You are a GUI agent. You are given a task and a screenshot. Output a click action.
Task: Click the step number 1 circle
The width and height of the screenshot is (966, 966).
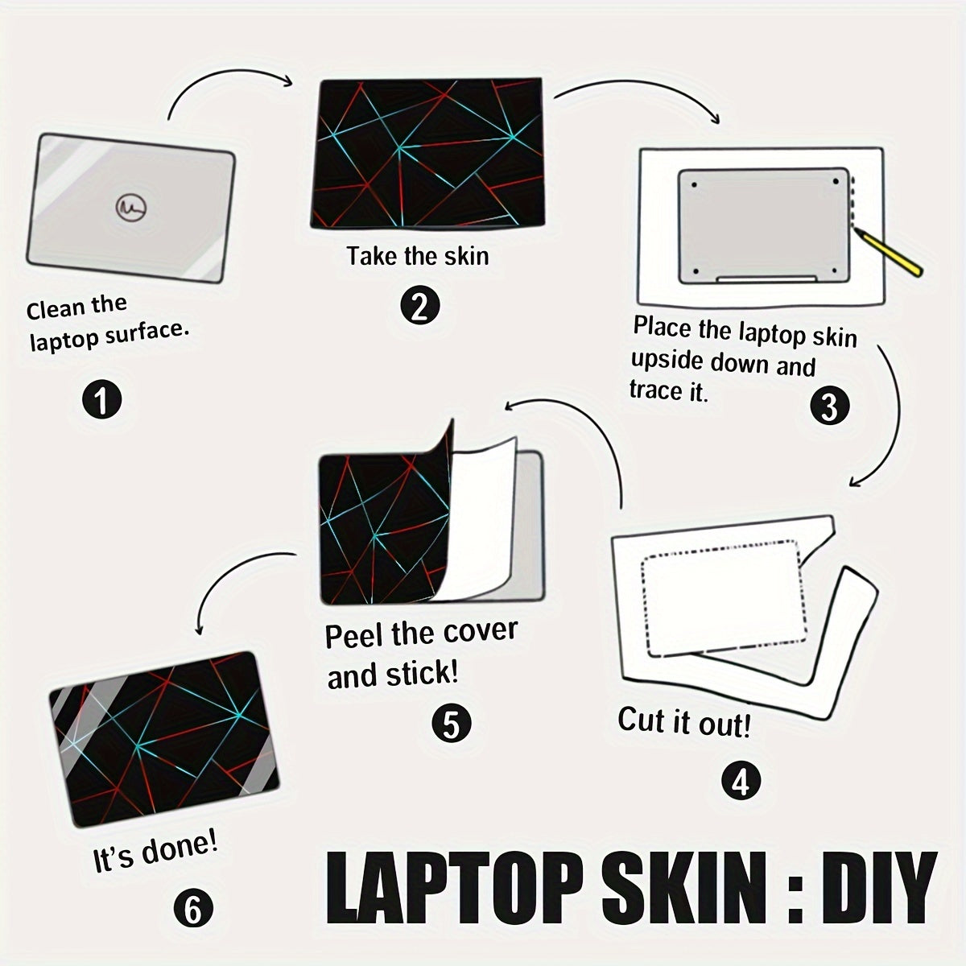pyautogui.click(x=101, y=399)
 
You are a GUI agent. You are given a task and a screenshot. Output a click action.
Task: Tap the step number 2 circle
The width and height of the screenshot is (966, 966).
pyautogui.click(x=420, y=305)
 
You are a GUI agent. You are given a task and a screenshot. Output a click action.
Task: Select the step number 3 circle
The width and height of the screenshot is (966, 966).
pyautogui.click(x=830, y=406)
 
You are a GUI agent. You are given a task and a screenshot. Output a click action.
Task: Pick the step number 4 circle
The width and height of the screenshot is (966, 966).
pyautogui.click(x=741, y=781)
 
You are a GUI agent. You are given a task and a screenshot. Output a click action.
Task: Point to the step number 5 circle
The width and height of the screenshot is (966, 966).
pyautogui.click(x=451, y=724)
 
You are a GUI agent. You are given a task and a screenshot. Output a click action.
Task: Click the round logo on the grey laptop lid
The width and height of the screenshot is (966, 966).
pyautogui.click(x=131, y=207)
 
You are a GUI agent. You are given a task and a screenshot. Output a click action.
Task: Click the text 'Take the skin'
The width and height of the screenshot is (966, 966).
pyautogui.click(x=418, y=256)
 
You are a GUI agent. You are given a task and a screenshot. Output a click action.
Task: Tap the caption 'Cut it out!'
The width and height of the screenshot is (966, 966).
pyautogui.click(x=684, y=722)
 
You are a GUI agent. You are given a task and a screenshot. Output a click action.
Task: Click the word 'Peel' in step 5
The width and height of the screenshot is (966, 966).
pyautogui.click(x=355, y=635)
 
